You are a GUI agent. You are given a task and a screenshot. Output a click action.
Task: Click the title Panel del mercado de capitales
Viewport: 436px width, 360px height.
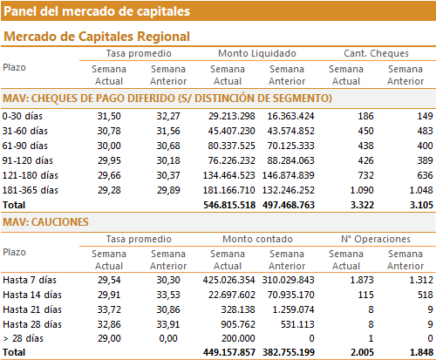coord(97,11)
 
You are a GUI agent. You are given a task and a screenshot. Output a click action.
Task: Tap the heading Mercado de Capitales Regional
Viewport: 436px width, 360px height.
coord(97,37)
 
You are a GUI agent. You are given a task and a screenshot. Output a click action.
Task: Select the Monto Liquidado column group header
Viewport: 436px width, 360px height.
coord(257,53)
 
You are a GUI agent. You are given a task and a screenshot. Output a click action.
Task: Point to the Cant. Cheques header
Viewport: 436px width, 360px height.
coord(376,53)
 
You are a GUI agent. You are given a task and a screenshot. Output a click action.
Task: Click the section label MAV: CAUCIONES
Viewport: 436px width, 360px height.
coord(45,222)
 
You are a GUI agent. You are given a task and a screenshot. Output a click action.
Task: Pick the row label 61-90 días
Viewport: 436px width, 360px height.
coord(25,146)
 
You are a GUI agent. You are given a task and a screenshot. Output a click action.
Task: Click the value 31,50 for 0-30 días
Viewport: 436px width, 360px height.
coord(109,116)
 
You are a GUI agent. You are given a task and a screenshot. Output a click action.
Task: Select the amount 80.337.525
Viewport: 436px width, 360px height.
coord(231,146)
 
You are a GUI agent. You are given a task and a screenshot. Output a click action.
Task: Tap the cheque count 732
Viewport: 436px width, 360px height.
coord(365,175)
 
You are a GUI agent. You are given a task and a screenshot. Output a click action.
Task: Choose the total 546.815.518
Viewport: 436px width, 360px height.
coord(229,205)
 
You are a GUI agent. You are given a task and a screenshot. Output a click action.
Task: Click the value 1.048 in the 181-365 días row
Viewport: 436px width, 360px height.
coord(421,190)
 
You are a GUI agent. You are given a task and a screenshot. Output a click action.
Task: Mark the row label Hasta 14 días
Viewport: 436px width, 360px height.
coord(32,295)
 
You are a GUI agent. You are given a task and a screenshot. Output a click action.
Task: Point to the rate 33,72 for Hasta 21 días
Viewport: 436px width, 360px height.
coord(109,309)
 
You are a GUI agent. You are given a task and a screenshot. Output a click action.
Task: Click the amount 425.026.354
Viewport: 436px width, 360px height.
coord(228,280)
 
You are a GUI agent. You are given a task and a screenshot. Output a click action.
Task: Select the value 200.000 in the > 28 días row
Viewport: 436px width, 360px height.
coord(238,338)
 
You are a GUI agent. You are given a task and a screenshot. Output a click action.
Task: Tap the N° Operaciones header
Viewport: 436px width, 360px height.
coord(376,239)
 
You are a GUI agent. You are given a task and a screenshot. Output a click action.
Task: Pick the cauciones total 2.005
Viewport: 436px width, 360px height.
coord(362,352)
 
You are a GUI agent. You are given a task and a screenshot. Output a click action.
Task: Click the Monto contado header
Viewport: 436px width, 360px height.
coord(257,239)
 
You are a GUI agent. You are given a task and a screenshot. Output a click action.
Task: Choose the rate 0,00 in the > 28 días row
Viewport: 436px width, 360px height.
coord(168,338)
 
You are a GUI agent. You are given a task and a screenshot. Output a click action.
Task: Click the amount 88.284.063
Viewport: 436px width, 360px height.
coord(290,160)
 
